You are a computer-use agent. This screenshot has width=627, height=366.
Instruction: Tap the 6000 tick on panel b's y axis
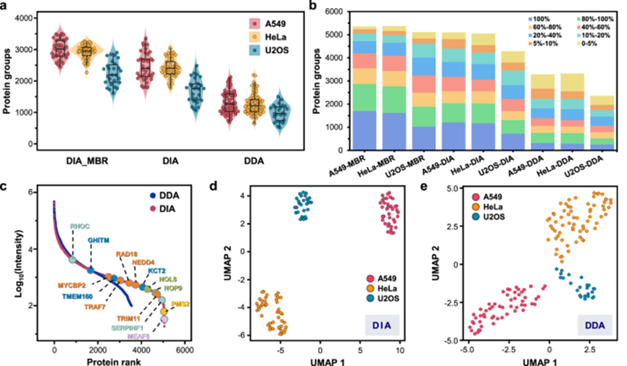[335, 12]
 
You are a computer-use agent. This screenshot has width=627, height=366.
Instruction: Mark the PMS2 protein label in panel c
[180, 304]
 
